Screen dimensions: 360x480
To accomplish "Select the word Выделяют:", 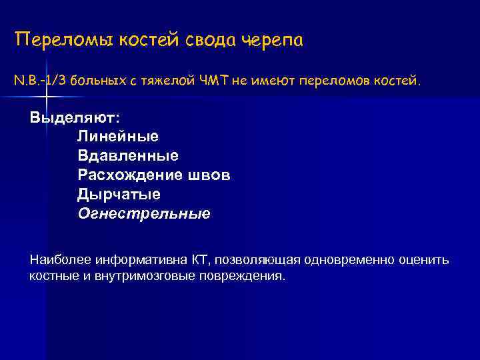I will pos(75,117).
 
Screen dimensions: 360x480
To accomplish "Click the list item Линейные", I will pos(118,137).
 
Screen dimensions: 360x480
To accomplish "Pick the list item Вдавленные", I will pos(128,156).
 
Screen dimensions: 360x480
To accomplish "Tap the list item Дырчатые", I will pos(119,195).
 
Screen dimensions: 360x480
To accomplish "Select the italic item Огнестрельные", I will pos(144,214).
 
